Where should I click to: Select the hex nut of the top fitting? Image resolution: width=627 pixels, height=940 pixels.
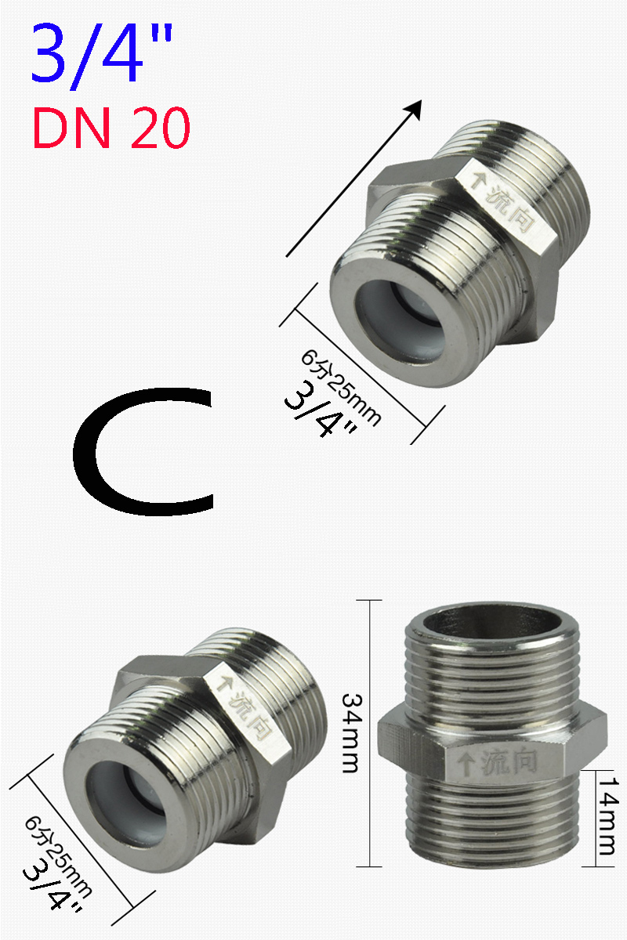coord(470,227)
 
